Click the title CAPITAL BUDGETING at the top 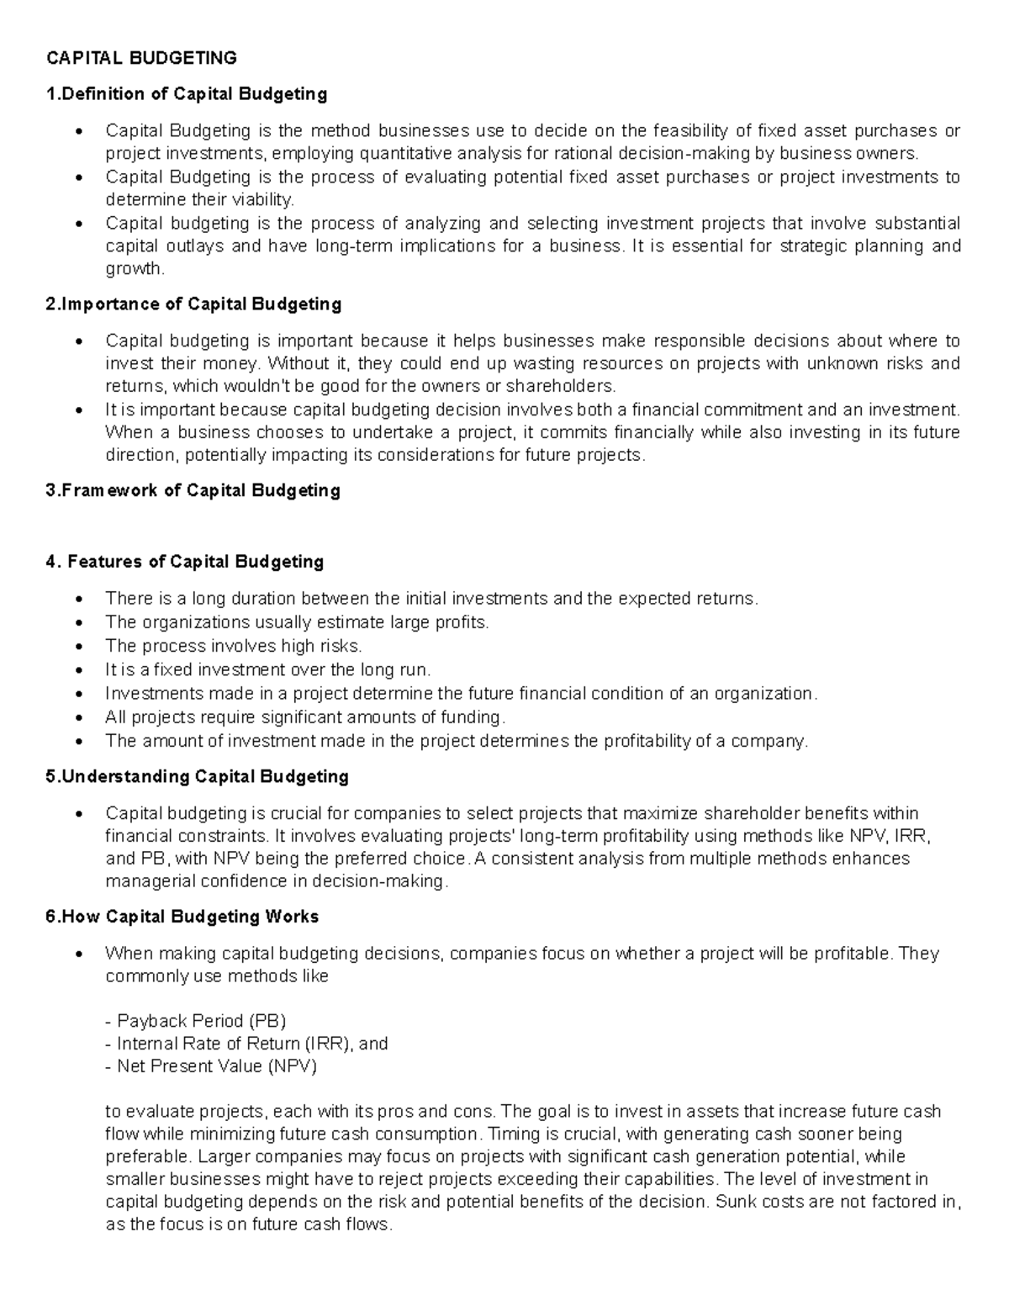click(141, 58)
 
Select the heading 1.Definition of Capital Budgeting click(186, 93)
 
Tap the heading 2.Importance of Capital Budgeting click(193, 304)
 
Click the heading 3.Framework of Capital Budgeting click(193, 490)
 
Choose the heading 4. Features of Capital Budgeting click(184, 561)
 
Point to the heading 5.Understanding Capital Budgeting click(197, 776)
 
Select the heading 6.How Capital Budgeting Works click(182, 916)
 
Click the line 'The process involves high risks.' click(233, 646)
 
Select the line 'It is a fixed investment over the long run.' click(267, 669)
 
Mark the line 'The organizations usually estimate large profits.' click(296, 622)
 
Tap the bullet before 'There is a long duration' click(79, 600)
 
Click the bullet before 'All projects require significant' click(79, 718)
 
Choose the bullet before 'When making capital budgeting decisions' click(79, 954)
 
